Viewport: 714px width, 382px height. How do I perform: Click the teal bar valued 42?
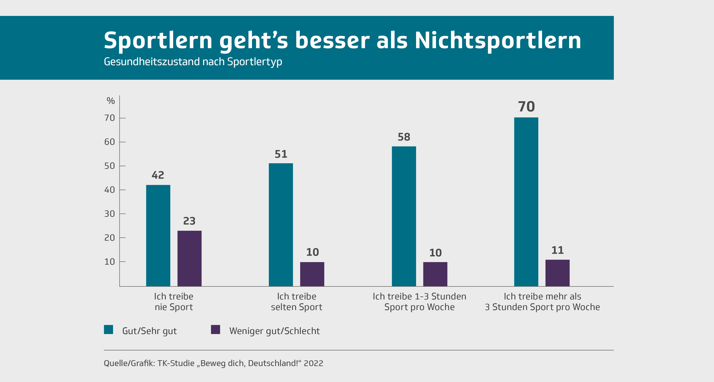(x=158, y=235)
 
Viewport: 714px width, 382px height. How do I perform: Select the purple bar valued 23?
(x=189, y=258)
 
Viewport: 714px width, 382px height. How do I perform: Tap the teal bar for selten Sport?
(x=281, y=225)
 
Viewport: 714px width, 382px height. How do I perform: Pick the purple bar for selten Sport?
(x=312, y=274)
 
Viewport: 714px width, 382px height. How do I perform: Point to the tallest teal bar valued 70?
(x=526, y=202)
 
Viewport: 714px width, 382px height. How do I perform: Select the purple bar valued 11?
(x=557, y=273)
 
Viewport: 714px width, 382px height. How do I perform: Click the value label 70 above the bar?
(x=526, y=107)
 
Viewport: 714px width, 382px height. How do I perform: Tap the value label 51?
(x=281, y=154)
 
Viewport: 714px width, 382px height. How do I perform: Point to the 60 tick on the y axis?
(x=109, y=142)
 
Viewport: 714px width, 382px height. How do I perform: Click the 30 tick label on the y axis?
(x=109, y=214)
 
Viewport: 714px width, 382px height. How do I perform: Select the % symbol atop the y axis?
(x=110, y=101)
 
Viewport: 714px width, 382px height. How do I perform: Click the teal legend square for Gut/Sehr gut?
(x=108, y=329)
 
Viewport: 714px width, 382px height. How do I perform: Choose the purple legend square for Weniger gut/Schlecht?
(x=215, y=329)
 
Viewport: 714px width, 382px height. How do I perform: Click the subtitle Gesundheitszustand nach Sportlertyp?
(x=193, y=62)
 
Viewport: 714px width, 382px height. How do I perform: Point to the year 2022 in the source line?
(x=313, y=363)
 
